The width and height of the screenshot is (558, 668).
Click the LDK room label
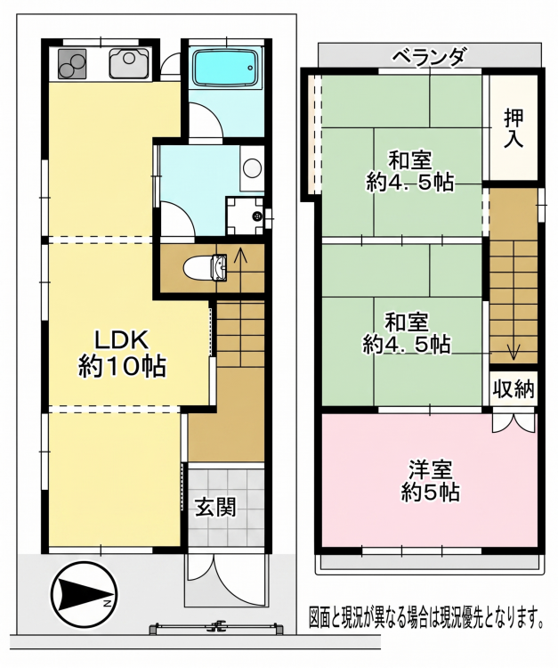(x=122, y=354)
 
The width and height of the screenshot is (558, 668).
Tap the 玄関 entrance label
(x=215, y=508)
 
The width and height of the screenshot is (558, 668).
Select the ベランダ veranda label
(x=428, y=57)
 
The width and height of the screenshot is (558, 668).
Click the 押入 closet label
(x=514, y=128)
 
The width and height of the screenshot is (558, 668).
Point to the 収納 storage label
(x=514, y=388)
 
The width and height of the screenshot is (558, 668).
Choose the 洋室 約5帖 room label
(x=430, y=481)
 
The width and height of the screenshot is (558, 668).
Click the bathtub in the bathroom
(x=225, y=67)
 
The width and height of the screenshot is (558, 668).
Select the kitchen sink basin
(x=129, y=63)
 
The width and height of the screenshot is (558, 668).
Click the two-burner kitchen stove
(x=71, y=63)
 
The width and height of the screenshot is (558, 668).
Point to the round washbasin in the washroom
(x=252, y=167)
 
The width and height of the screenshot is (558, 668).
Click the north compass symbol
(x=84, y=594)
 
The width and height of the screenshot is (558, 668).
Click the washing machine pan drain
(x=257, y=216)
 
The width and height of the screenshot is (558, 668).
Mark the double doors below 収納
(x=514, y=421)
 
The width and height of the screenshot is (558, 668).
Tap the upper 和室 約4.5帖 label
(x=409, y=171)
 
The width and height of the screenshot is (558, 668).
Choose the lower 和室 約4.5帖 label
(x=407, y=333)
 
